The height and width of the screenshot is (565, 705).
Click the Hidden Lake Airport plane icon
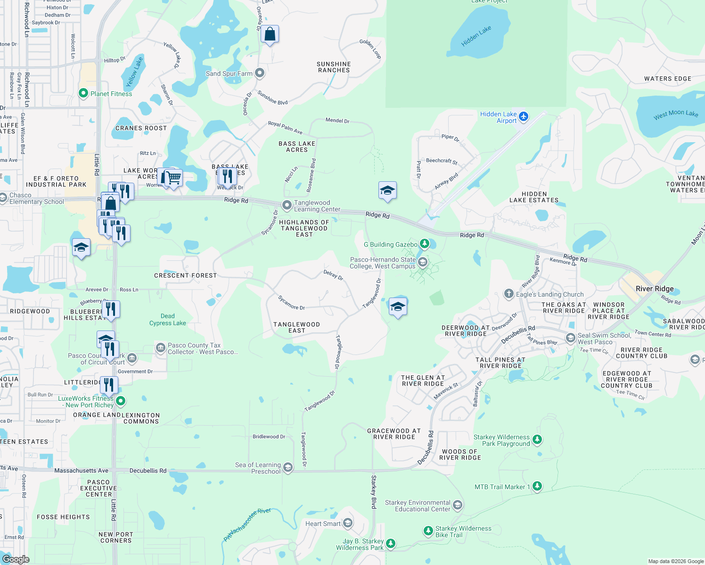[x=524, y=116]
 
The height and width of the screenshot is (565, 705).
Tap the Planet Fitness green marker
[x=83, y=93]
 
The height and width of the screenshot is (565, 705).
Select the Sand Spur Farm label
[x=229, y=73]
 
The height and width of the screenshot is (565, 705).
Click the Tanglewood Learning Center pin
[x=287, y=205]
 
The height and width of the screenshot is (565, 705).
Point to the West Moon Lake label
[x=675, y=114]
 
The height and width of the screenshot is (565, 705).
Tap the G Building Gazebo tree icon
[x=425, y=243]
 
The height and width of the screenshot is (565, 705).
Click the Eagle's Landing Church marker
[x=508, y=294]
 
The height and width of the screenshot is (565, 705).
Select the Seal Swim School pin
[x=571, y=338]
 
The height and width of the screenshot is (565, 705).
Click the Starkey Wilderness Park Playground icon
[x=537, y=440]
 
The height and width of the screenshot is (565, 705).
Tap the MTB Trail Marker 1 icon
[x=537, y=486]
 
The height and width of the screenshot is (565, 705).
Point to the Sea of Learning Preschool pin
[x=288, y=468]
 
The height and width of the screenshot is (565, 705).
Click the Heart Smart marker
[x=348, y=523]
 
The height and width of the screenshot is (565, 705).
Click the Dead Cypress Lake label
[x=167, y=320]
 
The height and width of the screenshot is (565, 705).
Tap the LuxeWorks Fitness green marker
[x=121, y=401]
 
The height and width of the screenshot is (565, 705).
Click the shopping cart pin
[x=174, y=178]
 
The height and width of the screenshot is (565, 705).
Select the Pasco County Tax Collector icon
[x=160, y=348]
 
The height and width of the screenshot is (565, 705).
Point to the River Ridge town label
[x=655, y=289]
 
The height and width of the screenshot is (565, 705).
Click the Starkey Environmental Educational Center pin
[x=457, y=505]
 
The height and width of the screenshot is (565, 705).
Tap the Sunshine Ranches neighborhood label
[x=334, y=67]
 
